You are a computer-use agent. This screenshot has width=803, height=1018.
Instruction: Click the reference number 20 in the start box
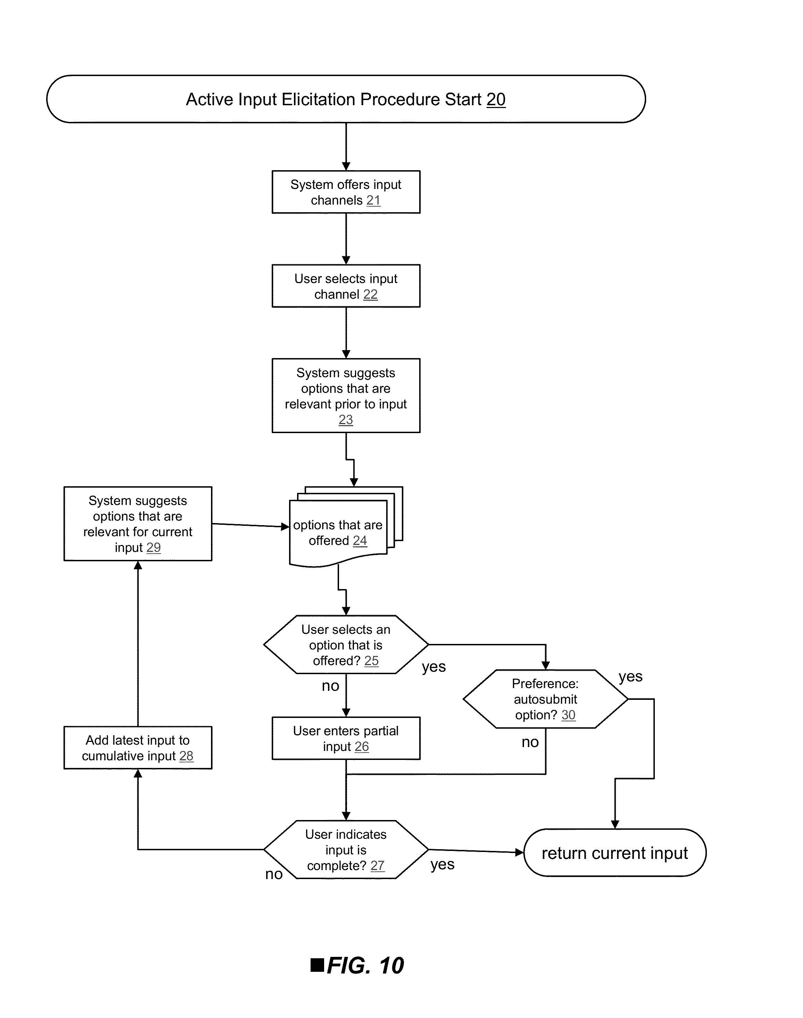click(496, 100)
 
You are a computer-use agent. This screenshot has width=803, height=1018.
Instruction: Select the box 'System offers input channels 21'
click(346, 192)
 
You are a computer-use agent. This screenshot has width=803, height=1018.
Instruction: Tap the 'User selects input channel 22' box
click(346, 286)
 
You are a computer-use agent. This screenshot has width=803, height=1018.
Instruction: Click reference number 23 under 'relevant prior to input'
click(346, 420)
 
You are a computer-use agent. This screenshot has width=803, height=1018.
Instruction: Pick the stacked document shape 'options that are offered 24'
click(346, 527)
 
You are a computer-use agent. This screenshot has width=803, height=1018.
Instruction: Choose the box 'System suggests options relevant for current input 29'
click(138, 523)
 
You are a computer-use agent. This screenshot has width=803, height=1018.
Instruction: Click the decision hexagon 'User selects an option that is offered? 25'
click(346, 645)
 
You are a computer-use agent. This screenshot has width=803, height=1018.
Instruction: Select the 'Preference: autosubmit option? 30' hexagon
click(546, 699)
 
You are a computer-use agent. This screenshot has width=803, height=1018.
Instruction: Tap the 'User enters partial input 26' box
click(346, 738)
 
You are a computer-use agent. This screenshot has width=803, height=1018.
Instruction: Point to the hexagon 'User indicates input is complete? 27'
click(346, 850)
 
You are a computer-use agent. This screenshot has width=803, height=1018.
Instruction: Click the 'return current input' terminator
click(615, 853)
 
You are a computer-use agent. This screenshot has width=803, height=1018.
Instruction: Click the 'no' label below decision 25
click(330, 686)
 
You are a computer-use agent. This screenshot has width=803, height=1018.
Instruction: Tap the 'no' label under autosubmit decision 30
click(530, 742)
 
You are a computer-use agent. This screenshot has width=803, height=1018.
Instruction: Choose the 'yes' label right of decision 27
click(442, 864)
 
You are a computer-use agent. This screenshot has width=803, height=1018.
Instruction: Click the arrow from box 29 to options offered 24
click(251, 525)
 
